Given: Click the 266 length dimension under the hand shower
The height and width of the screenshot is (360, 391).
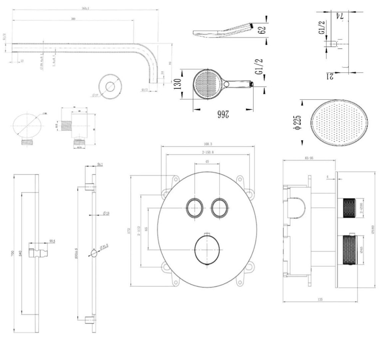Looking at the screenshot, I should coord(222,114).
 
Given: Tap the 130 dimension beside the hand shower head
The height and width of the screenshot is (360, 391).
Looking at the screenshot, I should coord(177,84).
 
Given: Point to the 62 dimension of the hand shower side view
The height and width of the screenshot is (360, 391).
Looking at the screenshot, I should coord(262,29).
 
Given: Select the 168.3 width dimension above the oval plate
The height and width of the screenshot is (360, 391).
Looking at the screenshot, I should coord(208,144).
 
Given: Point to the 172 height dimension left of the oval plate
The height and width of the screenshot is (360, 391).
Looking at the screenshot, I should coord(129,230).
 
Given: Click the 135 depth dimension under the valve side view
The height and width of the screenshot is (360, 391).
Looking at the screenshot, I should coord(320,299).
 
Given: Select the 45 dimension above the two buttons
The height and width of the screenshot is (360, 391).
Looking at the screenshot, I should coord(207,162).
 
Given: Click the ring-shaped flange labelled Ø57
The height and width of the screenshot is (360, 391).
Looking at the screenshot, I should coord(110,87).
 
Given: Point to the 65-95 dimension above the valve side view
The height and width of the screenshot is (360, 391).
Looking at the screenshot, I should coord(309,157).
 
